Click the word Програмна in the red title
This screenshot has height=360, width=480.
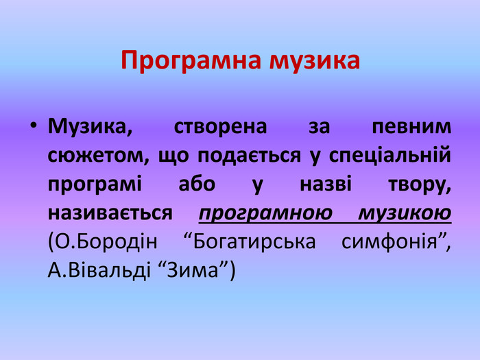[x=191, y=60]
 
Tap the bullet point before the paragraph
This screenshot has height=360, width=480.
[x=34, y=126]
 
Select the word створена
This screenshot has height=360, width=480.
[x=220, y=126]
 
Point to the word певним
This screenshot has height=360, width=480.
[x=411, y=126]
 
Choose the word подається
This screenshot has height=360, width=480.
[x=249, y=156]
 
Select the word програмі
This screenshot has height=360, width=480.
[x=95, y=185]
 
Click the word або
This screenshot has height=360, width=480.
[x=197, y=184]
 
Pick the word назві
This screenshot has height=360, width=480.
[x=326, y=184]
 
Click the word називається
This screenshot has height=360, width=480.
[x=110, y=213]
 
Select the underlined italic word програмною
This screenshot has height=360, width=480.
[x=265, y=214]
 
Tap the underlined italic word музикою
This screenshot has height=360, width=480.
[x=405, y=214]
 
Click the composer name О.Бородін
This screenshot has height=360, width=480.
[x=102, y=242]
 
